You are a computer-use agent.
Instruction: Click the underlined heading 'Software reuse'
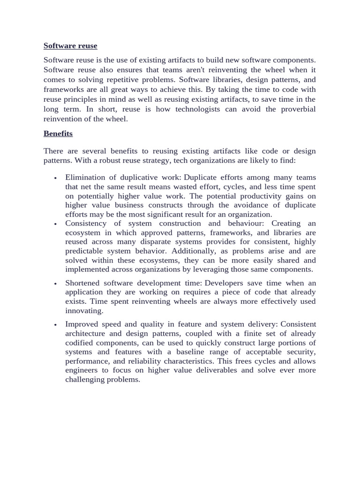70,45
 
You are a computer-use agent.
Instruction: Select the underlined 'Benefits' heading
58,134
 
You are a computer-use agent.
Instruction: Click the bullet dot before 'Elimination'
55,178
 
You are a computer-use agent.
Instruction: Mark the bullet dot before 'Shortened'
55,284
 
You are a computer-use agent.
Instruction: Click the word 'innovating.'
84,311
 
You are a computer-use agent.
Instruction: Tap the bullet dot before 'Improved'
55,325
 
